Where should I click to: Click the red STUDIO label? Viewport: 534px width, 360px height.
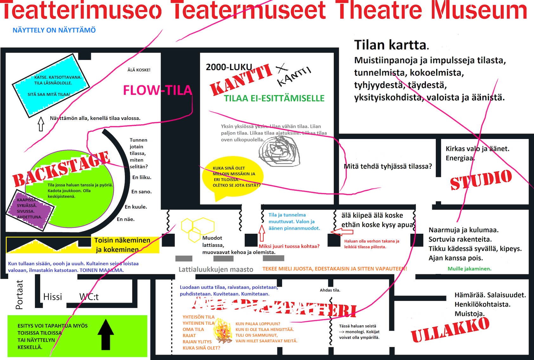pos(481,180)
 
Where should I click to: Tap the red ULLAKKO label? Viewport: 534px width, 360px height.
pos(450,330)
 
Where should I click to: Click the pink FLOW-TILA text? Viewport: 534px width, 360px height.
pos(158,90)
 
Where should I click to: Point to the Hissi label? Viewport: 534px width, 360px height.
pos(53,297)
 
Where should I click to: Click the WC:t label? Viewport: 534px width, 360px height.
pos(89,297)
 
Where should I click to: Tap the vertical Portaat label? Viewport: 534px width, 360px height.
pos(19,295)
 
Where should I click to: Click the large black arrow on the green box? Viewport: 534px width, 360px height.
pos(106,334)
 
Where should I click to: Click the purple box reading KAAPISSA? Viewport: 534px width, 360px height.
pos(31,208)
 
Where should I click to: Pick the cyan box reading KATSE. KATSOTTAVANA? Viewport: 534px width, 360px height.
pos(51,85)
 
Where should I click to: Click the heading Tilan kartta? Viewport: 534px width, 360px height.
pos(391,45)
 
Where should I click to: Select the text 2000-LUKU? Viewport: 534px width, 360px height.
pos(229,67)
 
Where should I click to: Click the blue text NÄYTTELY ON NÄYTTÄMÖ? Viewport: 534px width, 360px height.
pos(54,30)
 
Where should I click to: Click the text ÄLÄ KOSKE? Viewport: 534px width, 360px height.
pos(139,70)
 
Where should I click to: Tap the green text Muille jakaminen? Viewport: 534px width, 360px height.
pos(469,269)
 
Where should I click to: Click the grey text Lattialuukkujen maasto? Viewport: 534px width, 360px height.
pos(216,270)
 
